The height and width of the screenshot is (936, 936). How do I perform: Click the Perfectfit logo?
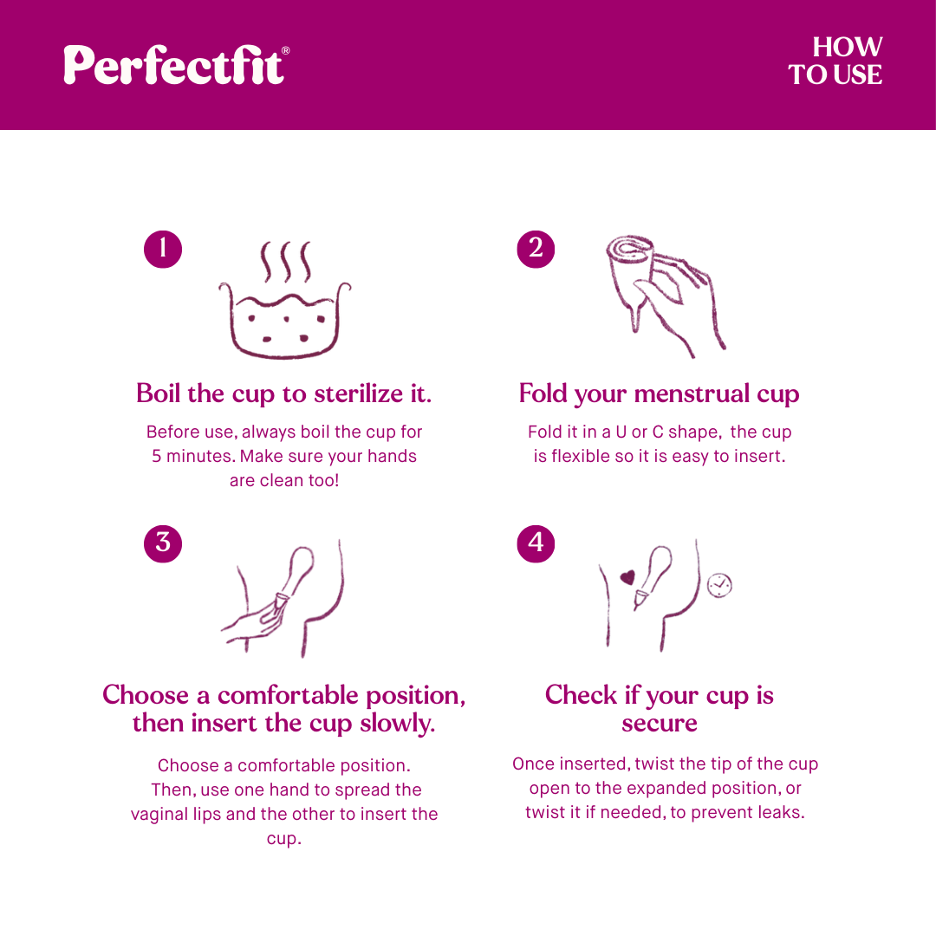click(176, 64)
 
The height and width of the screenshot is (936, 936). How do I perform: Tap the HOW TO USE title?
click(835, 61)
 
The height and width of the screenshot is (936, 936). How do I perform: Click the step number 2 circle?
click(536, 248)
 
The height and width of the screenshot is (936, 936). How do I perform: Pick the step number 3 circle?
click(163, 543)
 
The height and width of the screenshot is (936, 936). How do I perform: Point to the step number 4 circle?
click(536, 543)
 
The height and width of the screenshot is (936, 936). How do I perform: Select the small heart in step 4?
click(627, 575)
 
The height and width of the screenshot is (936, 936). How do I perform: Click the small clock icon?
click(719, 585)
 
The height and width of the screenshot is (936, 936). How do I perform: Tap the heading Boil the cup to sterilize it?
click(283, 394)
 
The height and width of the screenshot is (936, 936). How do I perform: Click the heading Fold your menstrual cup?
click(659, 394)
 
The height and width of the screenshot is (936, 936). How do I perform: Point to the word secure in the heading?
click(659, 723)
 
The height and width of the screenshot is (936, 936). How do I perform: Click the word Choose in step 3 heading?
click(145, 695)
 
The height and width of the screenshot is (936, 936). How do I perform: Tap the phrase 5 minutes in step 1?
click(192, 456)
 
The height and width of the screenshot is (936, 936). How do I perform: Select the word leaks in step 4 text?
click(775, 812)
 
